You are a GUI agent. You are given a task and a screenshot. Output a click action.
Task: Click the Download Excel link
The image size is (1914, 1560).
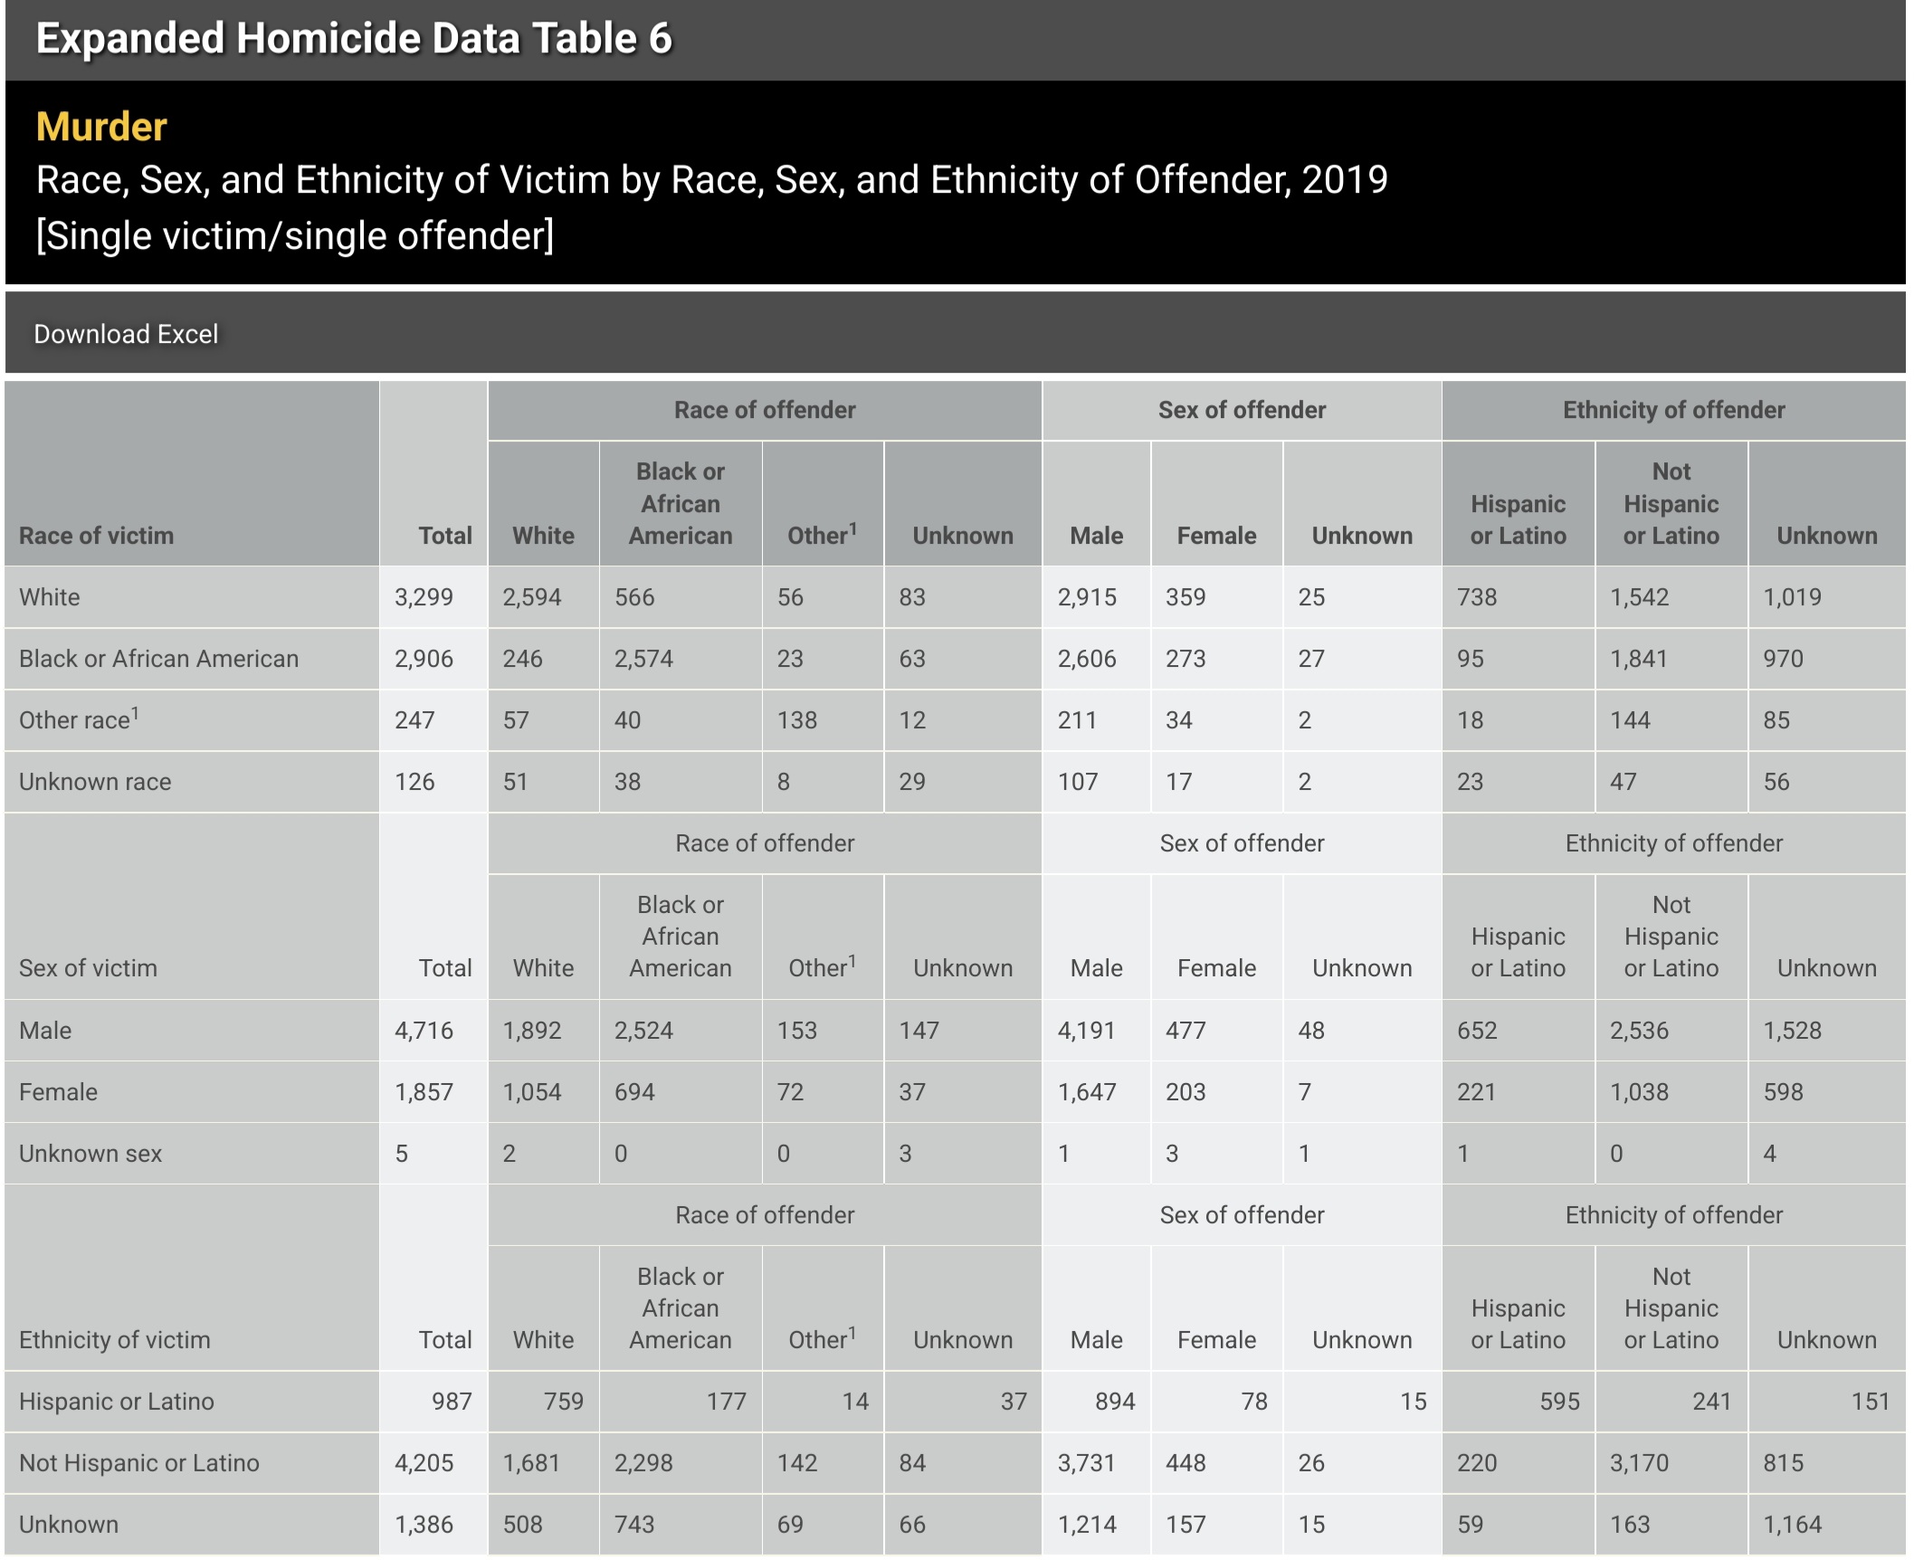click(126, 334)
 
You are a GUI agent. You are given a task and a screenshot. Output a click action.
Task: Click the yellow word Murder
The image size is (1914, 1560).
click(101, 127)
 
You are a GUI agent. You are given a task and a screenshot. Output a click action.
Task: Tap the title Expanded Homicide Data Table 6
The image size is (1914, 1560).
click(354, 38)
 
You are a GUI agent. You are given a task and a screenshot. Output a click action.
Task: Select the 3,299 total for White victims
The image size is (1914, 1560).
click(424, 597)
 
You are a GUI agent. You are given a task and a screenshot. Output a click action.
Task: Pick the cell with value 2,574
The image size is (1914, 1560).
click(643, 659)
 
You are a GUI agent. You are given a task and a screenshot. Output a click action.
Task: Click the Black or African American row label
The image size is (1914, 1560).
click(158, 659)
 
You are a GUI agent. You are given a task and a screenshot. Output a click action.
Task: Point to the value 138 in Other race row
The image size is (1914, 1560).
click(796, 720)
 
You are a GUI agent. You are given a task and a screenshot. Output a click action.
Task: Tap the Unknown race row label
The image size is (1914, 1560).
click(95, 782)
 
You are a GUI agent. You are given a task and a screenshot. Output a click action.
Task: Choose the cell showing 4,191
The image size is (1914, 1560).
click(1086, 1031)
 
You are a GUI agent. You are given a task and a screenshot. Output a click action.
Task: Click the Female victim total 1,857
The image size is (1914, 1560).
click(424, 1092)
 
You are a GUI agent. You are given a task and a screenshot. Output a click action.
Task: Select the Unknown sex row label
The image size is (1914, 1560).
click(90, 1154)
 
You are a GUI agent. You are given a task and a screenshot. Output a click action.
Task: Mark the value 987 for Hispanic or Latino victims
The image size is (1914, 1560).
click(451, 1402)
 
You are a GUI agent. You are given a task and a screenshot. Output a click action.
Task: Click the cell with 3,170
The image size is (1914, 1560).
click(1638, 1463)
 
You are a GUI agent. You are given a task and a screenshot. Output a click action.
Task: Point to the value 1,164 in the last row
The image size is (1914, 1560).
click(1792, 1525)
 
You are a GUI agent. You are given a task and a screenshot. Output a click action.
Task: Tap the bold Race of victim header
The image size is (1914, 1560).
click(96, 536)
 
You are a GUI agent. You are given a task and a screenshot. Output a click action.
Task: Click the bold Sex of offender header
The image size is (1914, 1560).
click(1242, 410)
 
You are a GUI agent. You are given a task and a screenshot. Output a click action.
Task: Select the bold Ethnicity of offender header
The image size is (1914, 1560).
click(1673, 410)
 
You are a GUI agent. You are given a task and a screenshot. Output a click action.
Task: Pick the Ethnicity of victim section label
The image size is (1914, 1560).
click(114, 1340)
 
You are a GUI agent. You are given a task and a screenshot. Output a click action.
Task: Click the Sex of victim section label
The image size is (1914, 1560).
click(88, 968)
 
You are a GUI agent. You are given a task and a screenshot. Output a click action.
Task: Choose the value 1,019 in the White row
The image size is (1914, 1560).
click(1792, 597)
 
